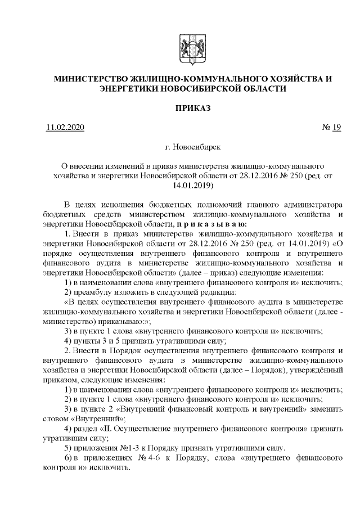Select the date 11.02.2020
[65, 128]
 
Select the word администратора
[314, 203]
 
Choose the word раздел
[87, 429]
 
